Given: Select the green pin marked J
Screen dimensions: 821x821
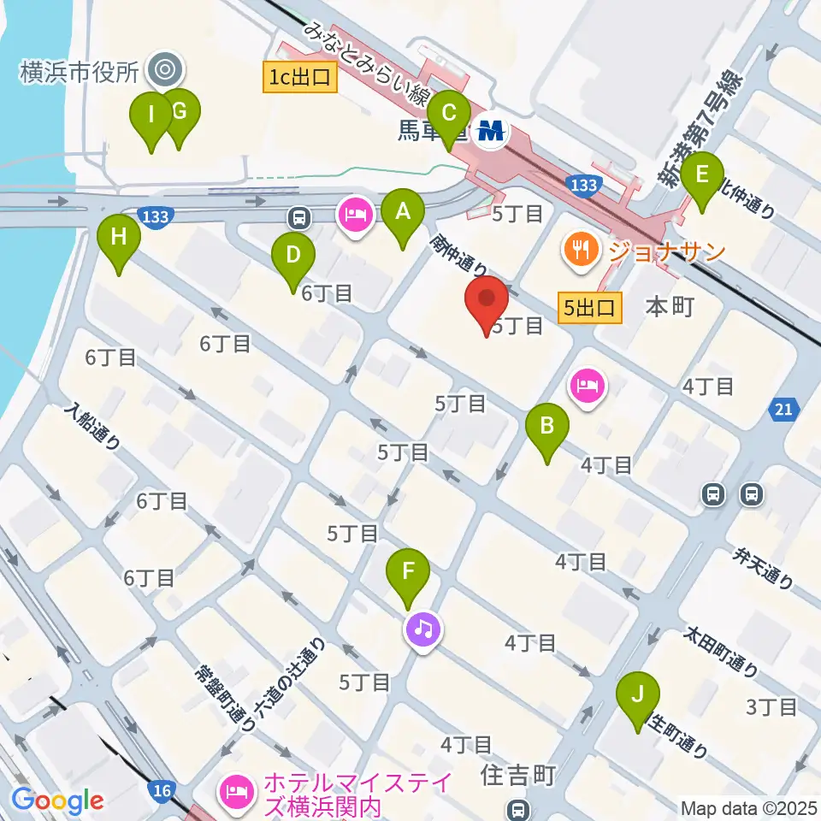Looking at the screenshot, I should (x=637, y=700).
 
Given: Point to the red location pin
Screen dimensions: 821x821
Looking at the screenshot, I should (x=487, y=305).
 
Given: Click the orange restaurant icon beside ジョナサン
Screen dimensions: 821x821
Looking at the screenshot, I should (x=581, y=250).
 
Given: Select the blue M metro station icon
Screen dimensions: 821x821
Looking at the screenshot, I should (x=493, y=131).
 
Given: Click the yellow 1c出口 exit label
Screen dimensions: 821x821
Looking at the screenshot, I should (x=300, y=79).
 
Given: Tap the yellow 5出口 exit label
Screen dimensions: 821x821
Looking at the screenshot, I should (x=589, y=308).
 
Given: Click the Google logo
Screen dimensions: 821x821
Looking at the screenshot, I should (x=56, y=800).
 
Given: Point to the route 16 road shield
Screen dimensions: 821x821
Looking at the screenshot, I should (x=162, y=789).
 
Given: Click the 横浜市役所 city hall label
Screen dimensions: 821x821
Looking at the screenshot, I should (x=79, y=72).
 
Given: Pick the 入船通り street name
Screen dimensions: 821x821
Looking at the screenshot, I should (x=92, y=428).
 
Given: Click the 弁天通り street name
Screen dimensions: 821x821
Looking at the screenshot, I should (x=763, y=569).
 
